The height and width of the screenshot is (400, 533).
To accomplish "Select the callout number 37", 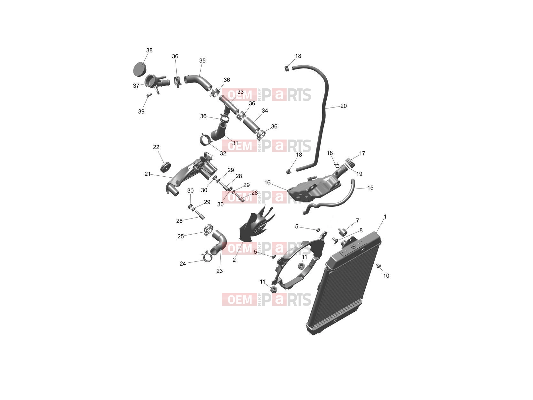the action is [136, 86].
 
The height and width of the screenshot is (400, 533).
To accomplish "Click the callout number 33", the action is [240, 92].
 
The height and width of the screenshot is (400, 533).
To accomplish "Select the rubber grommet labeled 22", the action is [165, 167].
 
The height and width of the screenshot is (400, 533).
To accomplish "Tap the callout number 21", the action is [147, 174].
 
